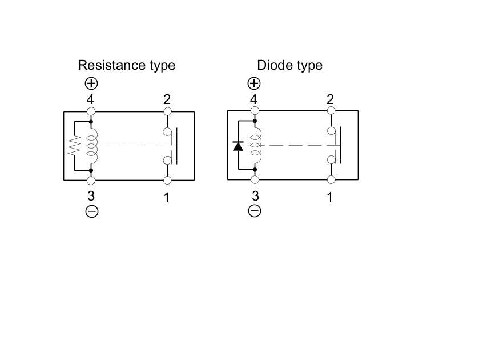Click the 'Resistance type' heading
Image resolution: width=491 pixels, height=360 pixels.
click(126, 65)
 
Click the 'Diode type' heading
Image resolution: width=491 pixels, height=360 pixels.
click(289, 65)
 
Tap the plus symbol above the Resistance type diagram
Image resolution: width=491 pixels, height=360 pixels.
click(91, 83)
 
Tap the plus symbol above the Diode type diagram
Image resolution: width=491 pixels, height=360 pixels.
click(254, 83)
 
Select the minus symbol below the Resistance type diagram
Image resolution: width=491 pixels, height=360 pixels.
click(91, 211)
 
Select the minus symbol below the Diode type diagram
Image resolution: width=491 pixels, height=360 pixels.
click(255, 211)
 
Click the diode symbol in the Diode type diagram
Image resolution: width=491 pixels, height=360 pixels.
click(238, 146)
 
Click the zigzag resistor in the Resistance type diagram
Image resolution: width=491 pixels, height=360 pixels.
click(74, 146)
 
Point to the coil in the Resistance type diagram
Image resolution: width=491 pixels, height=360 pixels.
click(91, 146)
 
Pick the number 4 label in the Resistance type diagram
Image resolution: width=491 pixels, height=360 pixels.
click(91, 99)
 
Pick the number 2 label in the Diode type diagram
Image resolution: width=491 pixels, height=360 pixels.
click(331, 99)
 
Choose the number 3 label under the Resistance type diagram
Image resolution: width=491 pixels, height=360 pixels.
click(91, 197)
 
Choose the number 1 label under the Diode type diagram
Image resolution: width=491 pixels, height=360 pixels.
click(330, 197)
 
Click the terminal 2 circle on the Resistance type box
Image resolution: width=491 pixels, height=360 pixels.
click(167, 111)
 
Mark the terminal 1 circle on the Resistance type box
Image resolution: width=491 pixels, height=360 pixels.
click(167, 181)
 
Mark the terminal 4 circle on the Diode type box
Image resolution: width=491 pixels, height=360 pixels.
click(255, 111)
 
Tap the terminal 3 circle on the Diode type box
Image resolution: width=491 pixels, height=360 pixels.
click(255, 180)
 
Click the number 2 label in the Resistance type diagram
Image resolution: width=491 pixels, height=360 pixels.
click(167, 99)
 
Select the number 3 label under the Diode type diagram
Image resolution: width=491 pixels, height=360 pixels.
click(255, 196)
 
